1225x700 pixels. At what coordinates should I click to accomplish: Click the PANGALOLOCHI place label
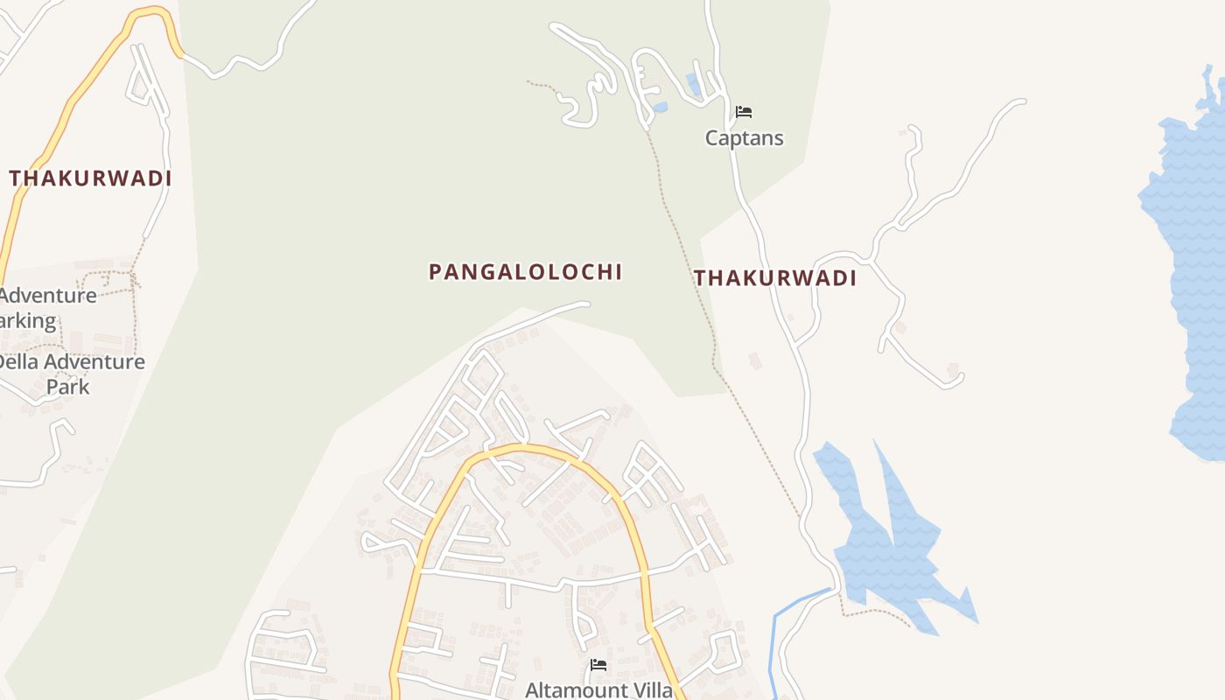[x=525, y=272]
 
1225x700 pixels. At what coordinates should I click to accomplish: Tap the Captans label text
[x=745, y=138]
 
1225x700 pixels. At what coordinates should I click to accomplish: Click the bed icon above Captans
[x=744, y=112]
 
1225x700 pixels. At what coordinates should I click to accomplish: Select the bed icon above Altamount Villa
[x=598, y=665]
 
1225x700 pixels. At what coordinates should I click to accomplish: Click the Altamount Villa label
[x=599, y=690]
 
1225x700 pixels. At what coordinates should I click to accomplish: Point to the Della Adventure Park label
[x=70, y=374]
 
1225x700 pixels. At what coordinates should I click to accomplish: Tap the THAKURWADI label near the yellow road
[x=90, y=178]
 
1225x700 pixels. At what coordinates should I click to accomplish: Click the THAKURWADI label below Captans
[x=774, y=278]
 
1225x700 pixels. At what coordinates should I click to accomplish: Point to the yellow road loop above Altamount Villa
[x=525, y=450]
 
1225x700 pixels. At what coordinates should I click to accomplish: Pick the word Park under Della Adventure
[x=68, y=386]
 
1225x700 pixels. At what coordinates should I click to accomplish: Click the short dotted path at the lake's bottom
[x=875, y=611]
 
